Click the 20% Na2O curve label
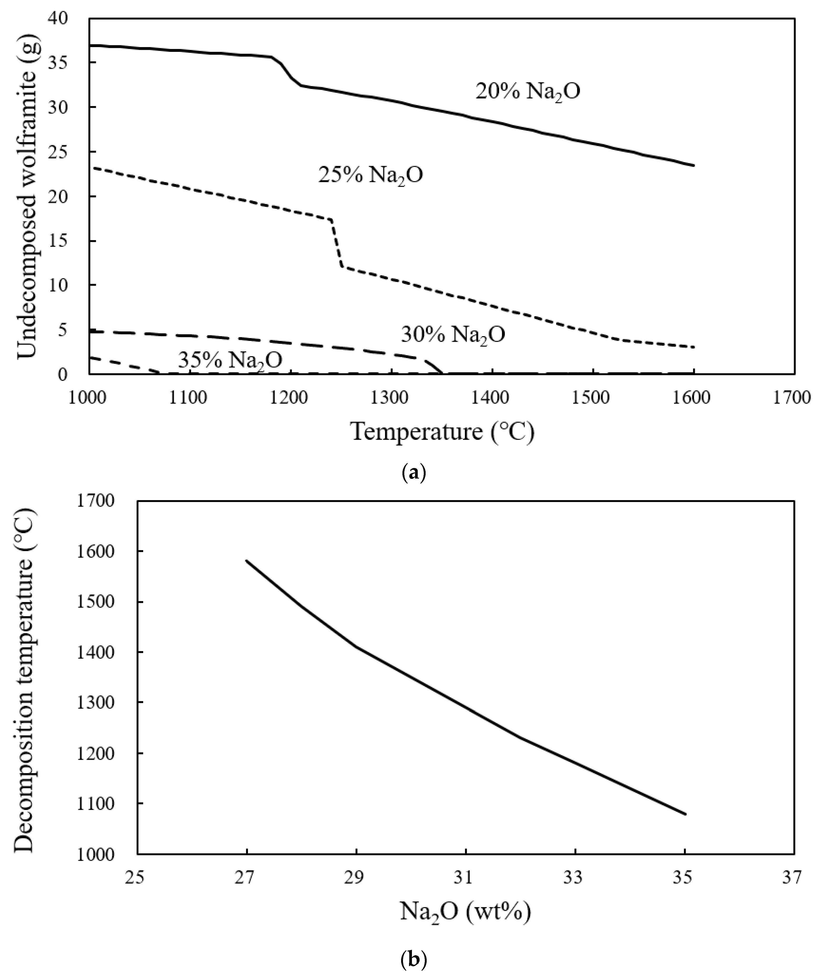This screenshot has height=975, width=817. [x=528, y=91]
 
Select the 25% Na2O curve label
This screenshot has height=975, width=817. [x=370, y=176]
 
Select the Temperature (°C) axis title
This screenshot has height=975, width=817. [x=442, y=432]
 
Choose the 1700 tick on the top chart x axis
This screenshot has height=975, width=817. [x=795, y=398]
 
